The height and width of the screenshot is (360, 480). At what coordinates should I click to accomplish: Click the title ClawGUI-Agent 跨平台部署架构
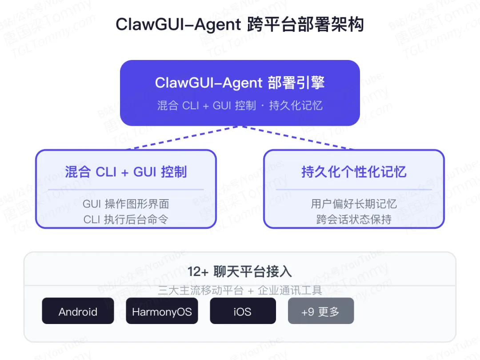click(240, 24)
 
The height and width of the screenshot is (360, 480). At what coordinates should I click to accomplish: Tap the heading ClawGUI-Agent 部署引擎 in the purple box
click(240, 83)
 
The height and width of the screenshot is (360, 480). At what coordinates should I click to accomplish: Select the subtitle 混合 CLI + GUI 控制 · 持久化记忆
click(240, 106)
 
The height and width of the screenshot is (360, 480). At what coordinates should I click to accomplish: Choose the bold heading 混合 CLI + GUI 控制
click(126, 172)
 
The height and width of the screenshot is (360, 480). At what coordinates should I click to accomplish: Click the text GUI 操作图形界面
click(126, 204)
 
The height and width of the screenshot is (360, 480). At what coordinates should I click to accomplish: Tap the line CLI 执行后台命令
click(126, 219)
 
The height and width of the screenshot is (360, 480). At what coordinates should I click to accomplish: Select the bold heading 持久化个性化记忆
click(354, 172)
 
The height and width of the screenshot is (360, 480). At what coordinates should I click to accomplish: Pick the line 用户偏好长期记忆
click(354, 204)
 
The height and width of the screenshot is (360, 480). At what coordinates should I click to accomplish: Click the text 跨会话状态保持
click(354, 219)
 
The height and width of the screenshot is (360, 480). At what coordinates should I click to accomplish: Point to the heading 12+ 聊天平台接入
click(240, 272)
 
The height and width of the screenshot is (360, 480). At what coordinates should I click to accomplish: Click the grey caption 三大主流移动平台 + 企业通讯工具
click(240, 291)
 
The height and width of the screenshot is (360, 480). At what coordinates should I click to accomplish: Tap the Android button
click(78, 311)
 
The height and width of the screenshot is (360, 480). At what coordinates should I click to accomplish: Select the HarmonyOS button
click(162, 311)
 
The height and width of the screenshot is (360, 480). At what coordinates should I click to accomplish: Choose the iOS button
click(243, 311)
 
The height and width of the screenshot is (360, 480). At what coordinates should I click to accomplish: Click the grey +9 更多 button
click(320, 311)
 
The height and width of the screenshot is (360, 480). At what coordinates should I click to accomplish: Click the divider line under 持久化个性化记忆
click(354, 190)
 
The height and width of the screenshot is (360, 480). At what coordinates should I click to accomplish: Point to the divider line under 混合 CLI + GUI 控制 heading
click(126, 190)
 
